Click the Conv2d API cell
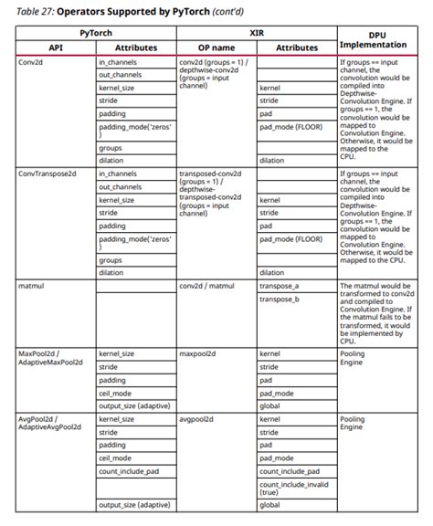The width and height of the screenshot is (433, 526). pyautogui.click(x=33, y=62)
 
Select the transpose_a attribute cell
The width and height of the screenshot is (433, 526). pyautogui.click(x=280, y=286)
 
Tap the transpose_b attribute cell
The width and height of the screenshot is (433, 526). pyautogui.click(x=280, y=300)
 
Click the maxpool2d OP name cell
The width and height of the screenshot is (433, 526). pyautogui.click(x=198, y=352)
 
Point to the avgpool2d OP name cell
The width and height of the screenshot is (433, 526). pyautogui.click(x=197, y=419)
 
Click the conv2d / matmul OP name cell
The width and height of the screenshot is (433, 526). pyautogui.click(x=208, y=286)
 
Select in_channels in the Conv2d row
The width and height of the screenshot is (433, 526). pyautogui.click(x=118, y=62)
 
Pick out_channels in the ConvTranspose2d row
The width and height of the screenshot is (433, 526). pyautogui.click(x=120, y=186)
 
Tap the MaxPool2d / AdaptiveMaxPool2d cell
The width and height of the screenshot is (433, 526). pyautogui.click(x=50, y=357)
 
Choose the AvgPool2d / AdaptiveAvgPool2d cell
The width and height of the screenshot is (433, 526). pyautogui.click(x=50, y=424)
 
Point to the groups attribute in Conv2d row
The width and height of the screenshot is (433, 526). pyautogui.click(x=111, y=146)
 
